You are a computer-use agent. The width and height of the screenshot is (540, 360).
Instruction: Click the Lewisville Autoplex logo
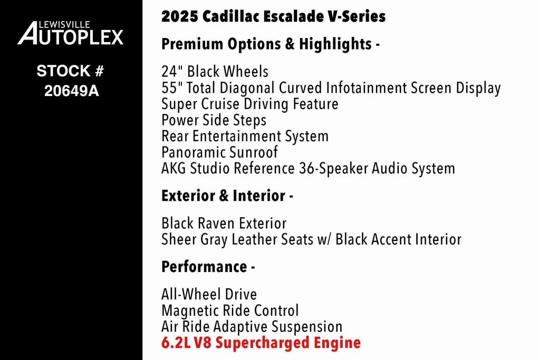point(71,33)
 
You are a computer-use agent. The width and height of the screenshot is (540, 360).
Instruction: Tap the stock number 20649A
point(71,91)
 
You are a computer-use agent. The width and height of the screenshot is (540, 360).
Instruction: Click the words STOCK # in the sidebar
point(71,71)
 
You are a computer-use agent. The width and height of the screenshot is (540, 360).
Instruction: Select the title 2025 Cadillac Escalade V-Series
point(273,16)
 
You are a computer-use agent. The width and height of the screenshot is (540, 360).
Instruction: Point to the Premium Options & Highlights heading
point(271,44)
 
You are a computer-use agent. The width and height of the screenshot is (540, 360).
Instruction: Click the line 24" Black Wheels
point(215,72)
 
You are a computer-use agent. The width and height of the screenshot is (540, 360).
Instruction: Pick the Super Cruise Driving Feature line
point(249,104)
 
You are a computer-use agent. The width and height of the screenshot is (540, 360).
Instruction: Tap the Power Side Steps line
point(214,120)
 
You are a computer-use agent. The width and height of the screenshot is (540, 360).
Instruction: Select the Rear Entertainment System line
point(245,136)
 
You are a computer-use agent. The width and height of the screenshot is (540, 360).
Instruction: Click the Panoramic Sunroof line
point(219,152)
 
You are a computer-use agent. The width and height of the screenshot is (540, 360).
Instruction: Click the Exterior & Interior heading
point(227,196)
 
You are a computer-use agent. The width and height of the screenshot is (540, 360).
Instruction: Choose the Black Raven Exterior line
point(224,223)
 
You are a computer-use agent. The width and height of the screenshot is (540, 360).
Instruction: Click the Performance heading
point(208,267)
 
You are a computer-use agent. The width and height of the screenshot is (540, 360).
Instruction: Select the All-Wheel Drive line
point(209,294)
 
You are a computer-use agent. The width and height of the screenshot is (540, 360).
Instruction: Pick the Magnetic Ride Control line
point(230,310)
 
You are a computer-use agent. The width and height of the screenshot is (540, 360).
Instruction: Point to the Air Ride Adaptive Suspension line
point(252,327)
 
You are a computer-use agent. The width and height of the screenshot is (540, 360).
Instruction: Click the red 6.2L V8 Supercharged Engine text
point(261,343)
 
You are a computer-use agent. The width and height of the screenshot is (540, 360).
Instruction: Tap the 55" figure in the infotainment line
point(170,87)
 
